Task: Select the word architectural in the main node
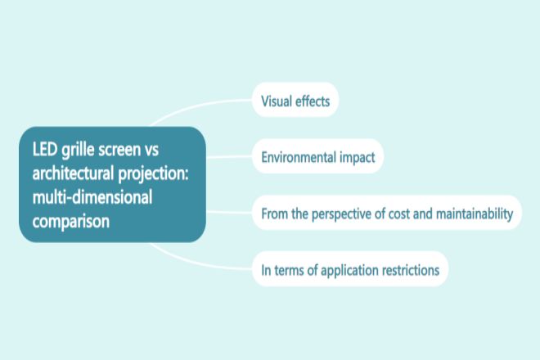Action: pyautogui.click(x=73, y=173)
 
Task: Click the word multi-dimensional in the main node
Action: pyautogui.click(x=92, y=197)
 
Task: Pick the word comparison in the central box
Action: pyautogui.click(x=71, y=222)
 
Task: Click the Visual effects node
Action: pyautogui.click(x=295, y=100)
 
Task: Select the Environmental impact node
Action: pyautogui.click(x=318, y=156)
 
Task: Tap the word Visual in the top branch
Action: pyautogui.click(x=274, y=101)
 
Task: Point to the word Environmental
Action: pyautogui.click(x=299, y=157)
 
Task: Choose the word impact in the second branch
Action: pyautogui.click(x=358, y=158)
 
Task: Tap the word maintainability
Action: pyautogui.click(x=475, y=214)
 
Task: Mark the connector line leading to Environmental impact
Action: pyautogui.click(x=229, y=157)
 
